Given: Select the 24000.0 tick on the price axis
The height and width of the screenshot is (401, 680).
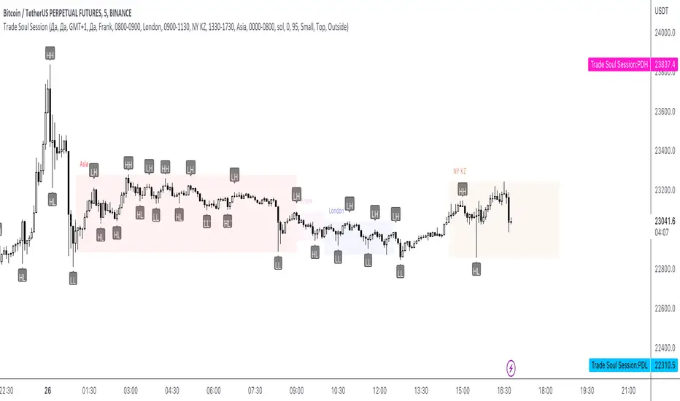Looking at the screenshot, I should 661,33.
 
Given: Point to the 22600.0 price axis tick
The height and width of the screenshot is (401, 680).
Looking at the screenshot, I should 661,308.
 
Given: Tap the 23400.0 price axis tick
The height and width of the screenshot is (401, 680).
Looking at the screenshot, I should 661,151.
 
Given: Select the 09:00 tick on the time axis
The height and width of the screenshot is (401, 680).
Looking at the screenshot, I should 296,390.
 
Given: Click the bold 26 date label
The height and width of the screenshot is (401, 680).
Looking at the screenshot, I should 47,390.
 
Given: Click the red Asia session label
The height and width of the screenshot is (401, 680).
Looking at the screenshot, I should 84,165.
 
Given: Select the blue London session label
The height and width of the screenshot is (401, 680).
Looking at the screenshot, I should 336,211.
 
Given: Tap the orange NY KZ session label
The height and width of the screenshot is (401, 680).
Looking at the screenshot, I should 460,171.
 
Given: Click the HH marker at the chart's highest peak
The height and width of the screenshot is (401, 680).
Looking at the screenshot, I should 50,55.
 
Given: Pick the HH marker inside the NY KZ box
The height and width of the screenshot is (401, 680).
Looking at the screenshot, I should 463,190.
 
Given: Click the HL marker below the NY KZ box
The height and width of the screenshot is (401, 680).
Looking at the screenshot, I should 476,270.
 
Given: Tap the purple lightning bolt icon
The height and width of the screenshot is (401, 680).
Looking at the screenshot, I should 511,367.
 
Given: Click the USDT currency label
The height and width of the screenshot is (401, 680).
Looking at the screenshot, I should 661,10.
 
